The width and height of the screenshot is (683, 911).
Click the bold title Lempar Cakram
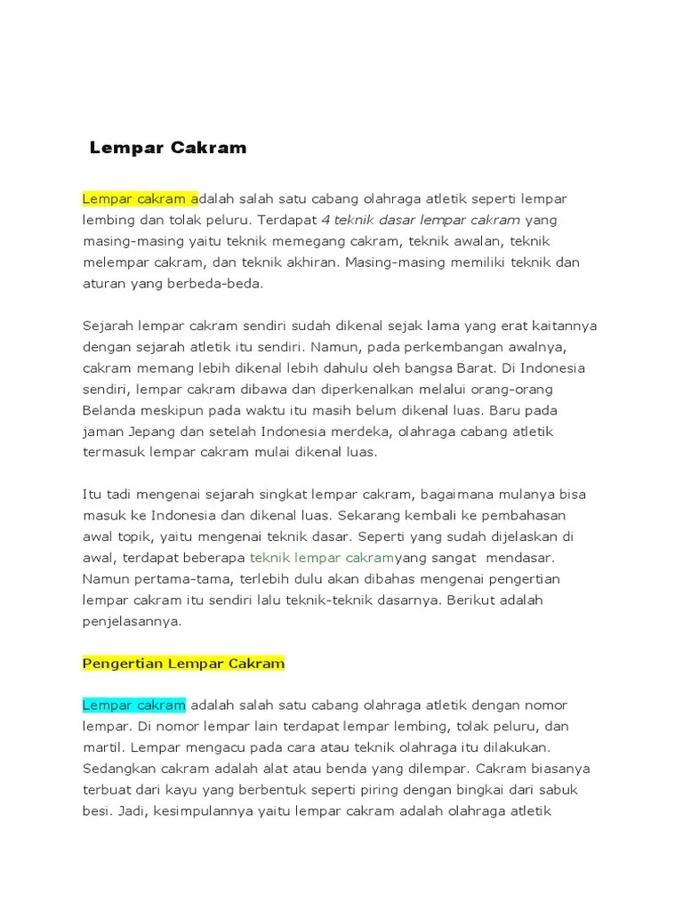coord(168,149)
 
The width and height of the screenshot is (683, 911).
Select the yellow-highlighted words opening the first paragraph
coord(140,198)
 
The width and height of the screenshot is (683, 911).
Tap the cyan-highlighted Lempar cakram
coord(134,705)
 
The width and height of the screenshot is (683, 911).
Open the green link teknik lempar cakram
coord(321,558)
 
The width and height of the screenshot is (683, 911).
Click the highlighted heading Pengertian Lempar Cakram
coord(183,663)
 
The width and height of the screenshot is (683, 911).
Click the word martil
coord(100,747)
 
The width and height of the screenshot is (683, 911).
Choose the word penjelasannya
coord(132,621)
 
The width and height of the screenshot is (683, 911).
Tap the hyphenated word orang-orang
coord(524,389)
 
